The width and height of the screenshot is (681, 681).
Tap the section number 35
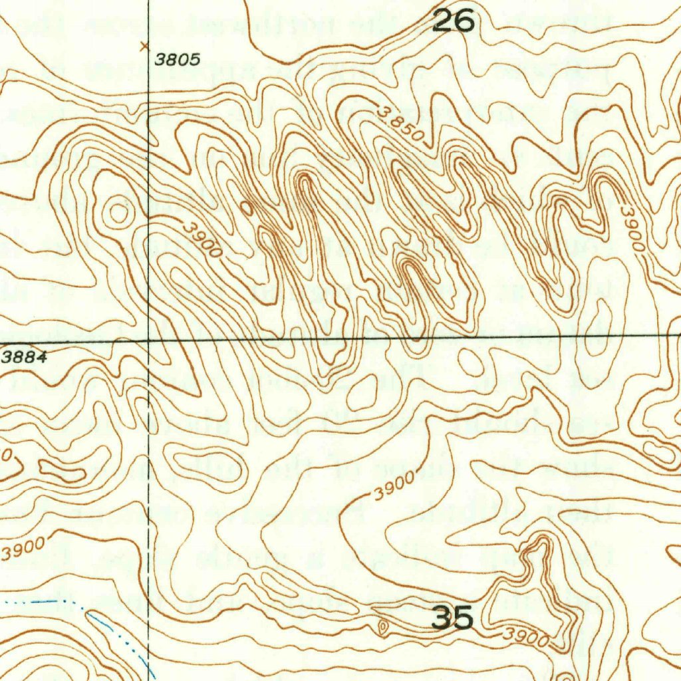click(x=453, y=618)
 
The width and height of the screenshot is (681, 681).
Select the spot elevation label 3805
click(x=178, y=59)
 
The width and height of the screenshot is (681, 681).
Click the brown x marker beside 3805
click(x=144, y=47)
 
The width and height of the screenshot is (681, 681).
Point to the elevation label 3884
click(x=23, y=357)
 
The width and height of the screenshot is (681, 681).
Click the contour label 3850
click(x=400, y=123)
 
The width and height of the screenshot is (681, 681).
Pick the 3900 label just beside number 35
click(x=525, y=638)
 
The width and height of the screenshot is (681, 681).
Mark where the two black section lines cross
click(x=148, y=340)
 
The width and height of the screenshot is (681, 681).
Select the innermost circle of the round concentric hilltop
click(x=118, y=213)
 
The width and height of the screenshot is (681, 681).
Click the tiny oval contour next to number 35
click(x=383, y=626)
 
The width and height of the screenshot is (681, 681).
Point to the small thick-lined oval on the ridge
click(x=247, y=208)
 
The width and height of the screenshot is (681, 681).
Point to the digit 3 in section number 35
click(x=442, y=618)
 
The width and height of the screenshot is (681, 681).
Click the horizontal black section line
click(x=399, y=339)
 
